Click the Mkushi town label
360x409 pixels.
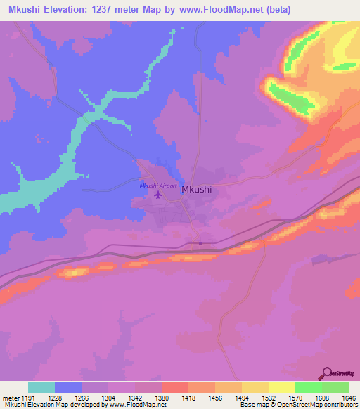(197, 189)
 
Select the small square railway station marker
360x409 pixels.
(200, 244)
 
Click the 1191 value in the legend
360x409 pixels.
(22, 397)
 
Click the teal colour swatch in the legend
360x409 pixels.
(41, 387)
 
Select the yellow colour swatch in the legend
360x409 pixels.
(281, 387)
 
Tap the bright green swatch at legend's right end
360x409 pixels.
(335, 387)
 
